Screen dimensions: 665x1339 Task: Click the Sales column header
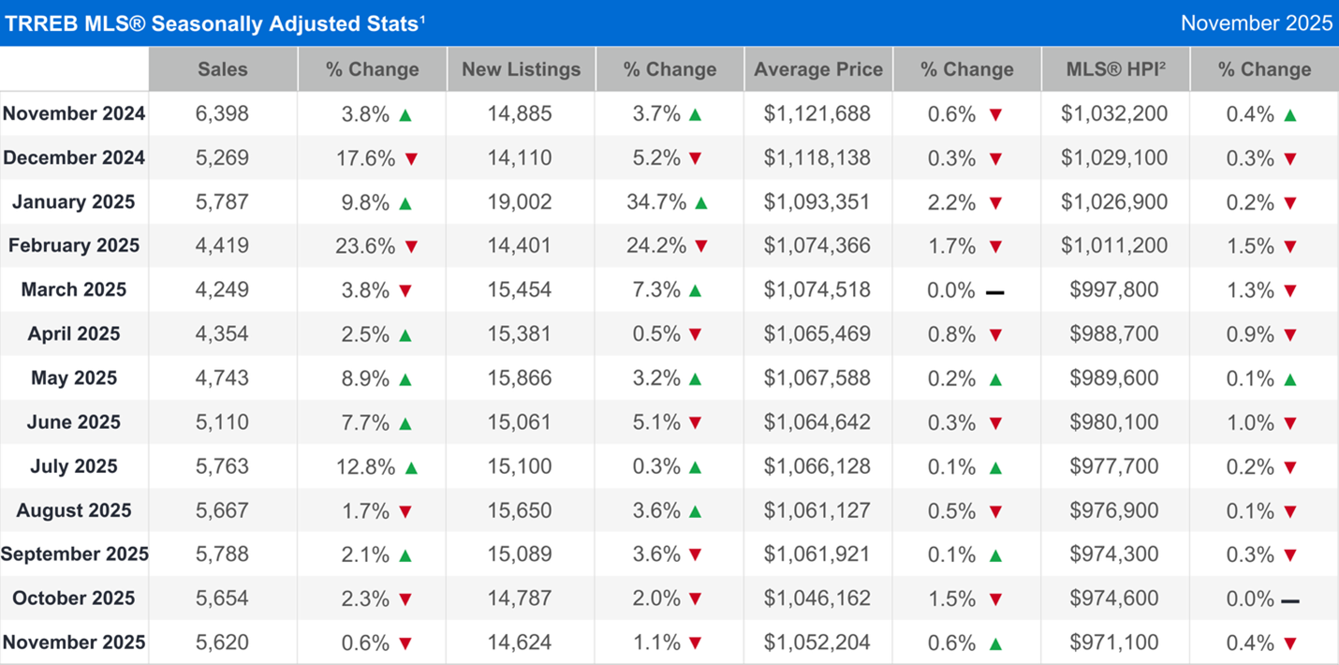click(x=223, y=69)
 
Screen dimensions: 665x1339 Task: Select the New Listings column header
click(x=521, y=69)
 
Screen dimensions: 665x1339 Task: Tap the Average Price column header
click(x=818, y=69)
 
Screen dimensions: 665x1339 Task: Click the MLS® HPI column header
click(x=1114, y=69)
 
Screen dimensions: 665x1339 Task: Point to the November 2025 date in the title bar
click(x=1256, y=23)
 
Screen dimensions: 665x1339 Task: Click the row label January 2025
click(x=74, y=201)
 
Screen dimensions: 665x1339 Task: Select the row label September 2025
click(x=74, y=554)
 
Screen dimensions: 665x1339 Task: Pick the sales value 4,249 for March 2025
click(x=223, y=289)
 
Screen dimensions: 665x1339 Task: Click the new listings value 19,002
click(x=521, y=201)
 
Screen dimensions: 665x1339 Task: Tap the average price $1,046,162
click(x=817, y=598)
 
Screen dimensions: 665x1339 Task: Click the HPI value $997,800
click(x=1114, y=289)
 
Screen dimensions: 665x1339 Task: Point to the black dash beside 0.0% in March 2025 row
click(x=995, y=291)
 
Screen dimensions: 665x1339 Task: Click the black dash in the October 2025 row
click(x=1290, y=599)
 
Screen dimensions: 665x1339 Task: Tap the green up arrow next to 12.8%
click(x=410, y=466)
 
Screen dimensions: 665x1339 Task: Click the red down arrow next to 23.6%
click(x=410, y=246)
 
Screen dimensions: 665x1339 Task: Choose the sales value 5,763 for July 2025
click(x=223, y=465)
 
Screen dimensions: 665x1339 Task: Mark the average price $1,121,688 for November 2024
click(x=817, y=113)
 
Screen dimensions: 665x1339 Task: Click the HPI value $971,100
click(x=1114, y=642)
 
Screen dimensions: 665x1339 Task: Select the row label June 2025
click(x=74, y=421)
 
